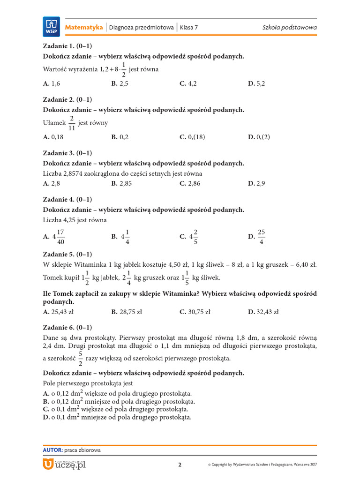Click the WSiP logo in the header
point(51,26)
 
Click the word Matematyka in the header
point(84,28)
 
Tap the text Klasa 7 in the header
point(189,28)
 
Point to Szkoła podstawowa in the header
point(289,28)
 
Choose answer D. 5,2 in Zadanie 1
point(256,83)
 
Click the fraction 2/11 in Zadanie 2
point(72,123)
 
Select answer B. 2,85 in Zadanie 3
point(121,183)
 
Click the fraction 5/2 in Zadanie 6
point(80,358)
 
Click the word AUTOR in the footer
point(52,450)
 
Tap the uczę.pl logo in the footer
point(64,464)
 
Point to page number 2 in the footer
point(180,465)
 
